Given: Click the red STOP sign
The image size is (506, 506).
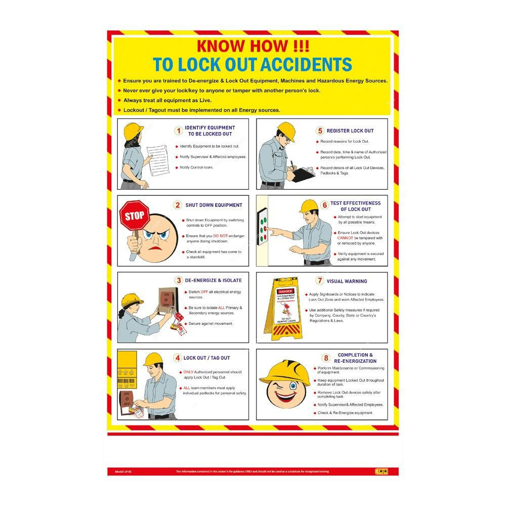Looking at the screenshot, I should pyautogui.click(x=134, y=217).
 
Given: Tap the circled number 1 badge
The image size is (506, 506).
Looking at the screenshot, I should pyautogui.click(x=178, y=131).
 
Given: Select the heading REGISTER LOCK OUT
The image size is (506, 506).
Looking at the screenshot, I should pyautogui.click(x=350, y=131).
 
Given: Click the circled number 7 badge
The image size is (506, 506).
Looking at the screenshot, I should pyautogui.click(x=320, y=281).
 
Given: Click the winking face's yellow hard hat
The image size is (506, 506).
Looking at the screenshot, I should pyautogui.click(x=285, y=373).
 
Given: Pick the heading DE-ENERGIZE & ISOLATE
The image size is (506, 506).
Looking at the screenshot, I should pyautogui.click(x=214, y=280).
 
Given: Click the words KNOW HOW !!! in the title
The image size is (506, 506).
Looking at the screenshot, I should pyautogui.click(x=252, y=46).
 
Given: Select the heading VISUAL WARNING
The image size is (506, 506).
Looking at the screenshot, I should pyautogui.click(x=347, y=281).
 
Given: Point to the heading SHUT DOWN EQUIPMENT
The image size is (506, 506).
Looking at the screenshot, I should pyautogui.click(x=214, y=205).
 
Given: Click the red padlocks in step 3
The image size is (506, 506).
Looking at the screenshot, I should pyautogui.click(x=178, y=322).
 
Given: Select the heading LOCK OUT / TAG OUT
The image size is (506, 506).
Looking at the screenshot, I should pyautogui.click(x=206, y=358).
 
